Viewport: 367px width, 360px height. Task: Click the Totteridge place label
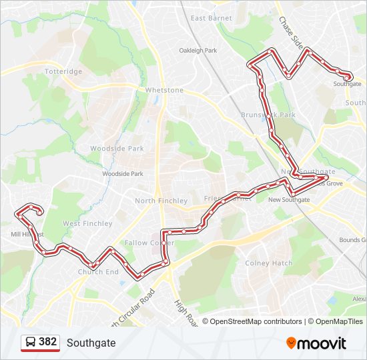pos(63,71)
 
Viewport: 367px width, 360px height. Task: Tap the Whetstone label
pos(164,90)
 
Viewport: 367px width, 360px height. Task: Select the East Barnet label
pos(211,18)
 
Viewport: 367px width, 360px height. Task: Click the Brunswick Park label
pos(268,115)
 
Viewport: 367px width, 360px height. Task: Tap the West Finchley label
pos(87,224)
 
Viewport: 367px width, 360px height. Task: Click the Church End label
pos(98,272)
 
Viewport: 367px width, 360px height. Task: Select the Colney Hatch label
pos(269,263)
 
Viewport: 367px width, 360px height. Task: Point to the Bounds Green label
pos(352,240)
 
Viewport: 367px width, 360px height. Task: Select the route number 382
pos(47,342)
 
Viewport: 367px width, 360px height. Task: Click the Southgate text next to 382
pos(91,343)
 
